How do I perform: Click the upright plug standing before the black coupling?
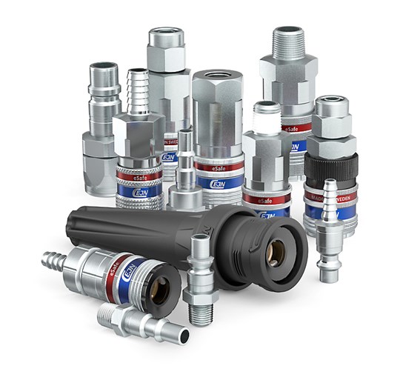click(200, 274)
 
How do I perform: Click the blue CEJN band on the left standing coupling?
click(136, 190)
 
